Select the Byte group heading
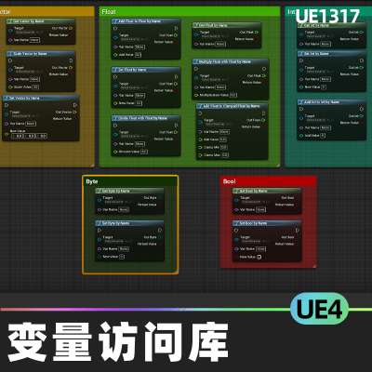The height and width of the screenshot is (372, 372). pos(91,181)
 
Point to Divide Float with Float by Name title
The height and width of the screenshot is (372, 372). pos(144,118)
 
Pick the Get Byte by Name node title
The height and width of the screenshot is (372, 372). pos(117,192)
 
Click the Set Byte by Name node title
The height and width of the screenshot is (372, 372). pos(117,224)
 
